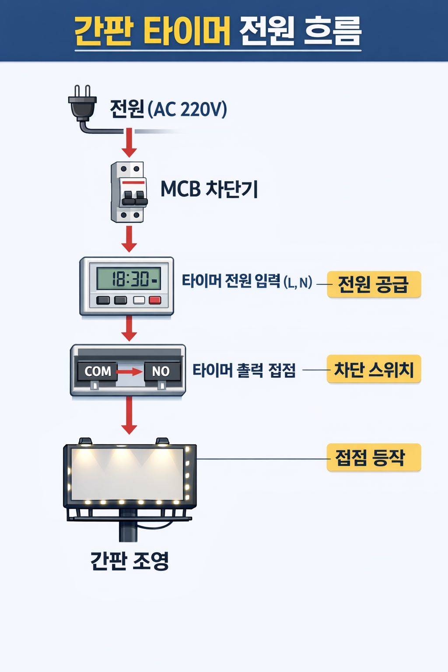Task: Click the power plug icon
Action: [x=82, y=104]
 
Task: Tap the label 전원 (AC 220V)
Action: [x=168, y=109]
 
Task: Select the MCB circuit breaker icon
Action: [x=128, y=192]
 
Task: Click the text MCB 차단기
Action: [x=209, y=189]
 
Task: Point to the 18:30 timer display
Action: [x=128, y=278]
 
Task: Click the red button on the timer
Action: [x=155, y=300]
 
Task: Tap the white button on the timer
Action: [x=139, y=300]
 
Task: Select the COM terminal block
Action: [x=98, y=371]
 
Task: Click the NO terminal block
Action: [x=161, y=371]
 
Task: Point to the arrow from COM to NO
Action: [x=129, y=371]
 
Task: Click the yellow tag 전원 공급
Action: [x=374, y=284]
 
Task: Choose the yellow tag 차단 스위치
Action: [x=374, y=370]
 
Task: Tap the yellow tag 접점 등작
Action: [x=374, y=458]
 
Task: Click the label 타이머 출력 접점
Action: [x=244, y=371]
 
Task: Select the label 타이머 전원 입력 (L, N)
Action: [x=247, y=281]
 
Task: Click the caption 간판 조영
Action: [x=129, y=561]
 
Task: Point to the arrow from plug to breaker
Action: [x=129, y=143]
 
